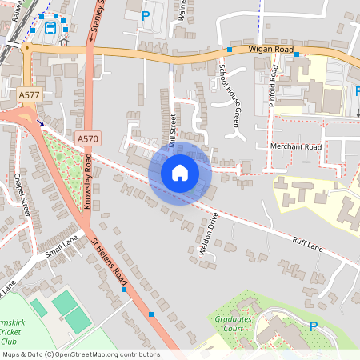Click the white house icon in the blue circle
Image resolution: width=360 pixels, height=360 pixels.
(179, 172)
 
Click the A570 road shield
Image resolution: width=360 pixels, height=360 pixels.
(87, 138)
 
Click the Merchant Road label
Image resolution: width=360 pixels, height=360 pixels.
(295, 146)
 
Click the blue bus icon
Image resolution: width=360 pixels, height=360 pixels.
(50, 27)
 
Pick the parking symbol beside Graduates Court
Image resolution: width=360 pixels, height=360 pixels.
(314, 326)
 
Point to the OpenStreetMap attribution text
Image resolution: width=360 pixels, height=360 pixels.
(80, 354)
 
